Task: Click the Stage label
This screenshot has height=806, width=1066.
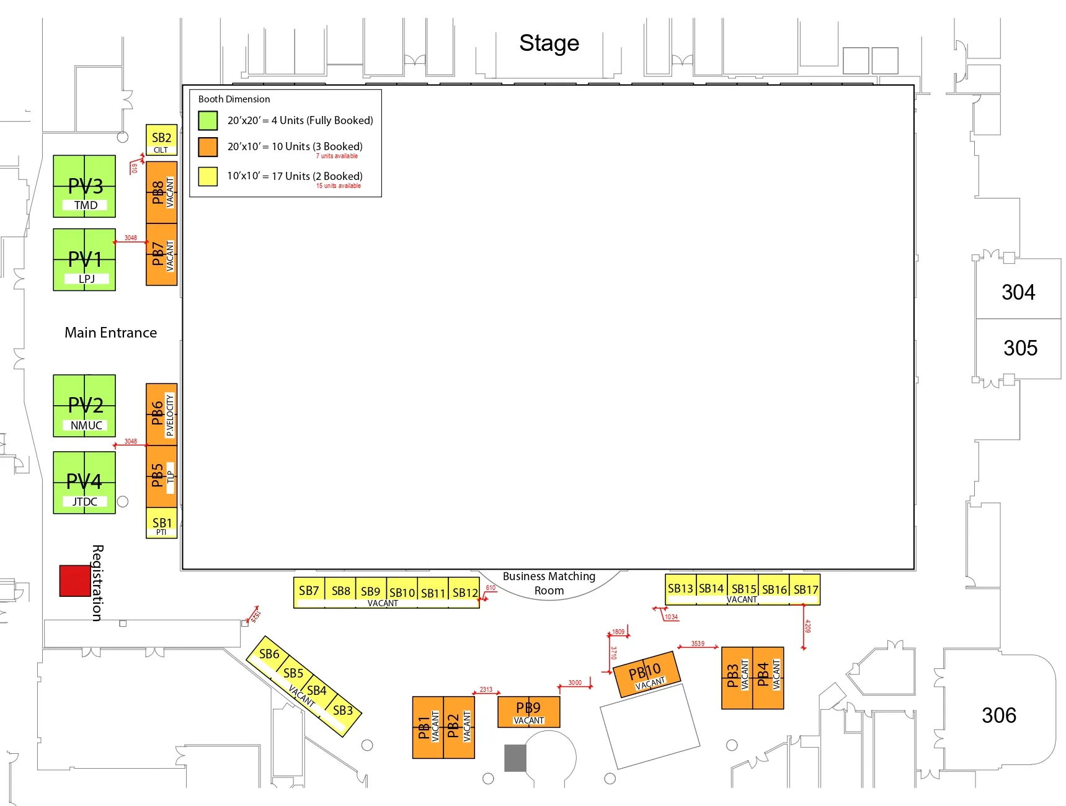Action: point(549,43)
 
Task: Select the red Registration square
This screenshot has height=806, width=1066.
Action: point(75,581)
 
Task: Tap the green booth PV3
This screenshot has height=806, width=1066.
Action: point(84,186)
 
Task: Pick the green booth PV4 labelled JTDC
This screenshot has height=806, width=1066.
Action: point(84,483)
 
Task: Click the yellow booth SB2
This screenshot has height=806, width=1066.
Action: point(161,140)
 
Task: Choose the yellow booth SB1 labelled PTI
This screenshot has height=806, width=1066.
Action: point(161,523)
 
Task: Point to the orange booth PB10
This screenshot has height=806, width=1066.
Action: point(646,674)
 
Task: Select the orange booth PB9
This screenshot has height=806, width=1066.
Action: point(528,712)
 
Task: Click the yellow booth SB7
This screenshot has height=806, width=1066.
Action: point(309,591)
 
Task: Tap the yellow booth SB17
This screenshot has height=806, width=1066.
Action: point(806,589)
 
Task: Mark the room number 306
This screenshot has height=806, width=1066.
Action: point(999,715)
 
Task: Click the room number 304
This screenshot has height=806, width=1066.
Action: point(1018,292)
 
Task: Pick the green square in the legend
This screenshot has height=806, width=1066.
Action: point(208,120)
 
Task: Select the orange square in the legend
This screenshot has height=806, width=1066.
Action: point(208,147)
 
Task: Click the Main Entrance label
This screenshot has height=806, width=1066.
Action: point(110,333)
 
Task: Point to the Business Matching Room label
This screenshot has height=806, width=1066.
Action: point(549,583)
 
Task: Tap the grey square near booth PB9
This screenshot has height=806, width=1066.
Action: point(515,758)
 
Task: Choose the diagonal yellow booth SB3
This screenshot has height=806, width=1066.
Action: point(343,711)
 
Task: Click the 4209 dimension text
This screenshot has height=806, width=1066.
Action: point(807,626)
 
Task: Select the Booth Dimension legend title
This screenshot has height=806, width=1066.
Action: point(234,99)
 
